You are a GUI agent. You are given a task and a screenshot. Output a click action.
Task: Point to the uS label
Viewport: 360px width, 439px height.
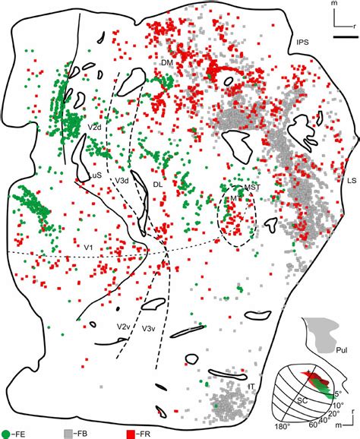click(96, 175)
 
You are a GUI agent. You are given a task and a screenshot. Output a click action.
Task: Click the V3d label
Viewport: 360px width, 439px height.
click(122, 180)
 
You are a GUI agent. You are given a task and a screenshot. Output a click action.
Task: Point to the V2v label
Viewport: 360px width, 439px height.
click(122, 326)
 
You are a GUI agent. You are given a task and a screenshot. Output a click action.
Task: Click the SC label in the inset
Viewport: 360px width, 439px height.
click(300, 399)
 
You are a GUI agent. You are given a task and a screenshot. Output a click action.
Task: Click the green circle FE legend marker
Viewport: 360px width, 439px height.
click(7, 432)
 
